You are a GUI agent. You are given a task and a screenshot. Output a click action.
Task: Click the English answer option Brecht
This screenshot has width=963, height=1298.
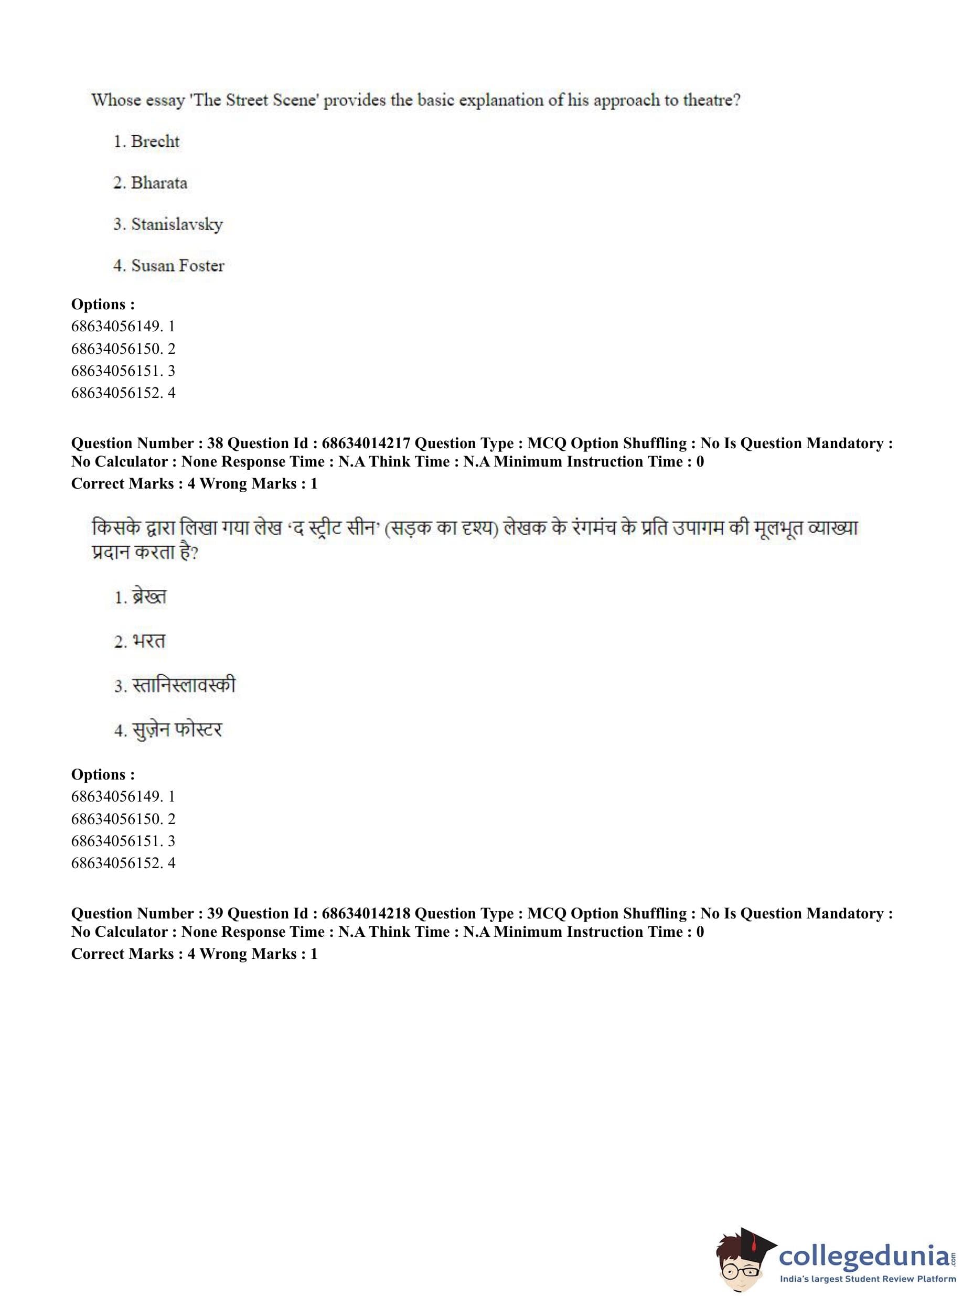tap(155, 142)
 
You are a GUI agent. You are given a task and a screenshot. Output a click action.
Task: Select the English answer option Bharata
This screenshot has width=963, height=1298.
tap(158, 183)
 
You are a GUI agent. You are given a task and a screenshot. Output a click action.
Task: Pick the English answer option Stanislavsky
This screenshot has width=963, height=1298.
tap(176, 224)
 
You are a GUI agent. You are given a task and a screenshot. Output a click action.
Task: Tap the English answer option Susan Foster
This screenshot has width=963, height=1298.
tap(177, 266)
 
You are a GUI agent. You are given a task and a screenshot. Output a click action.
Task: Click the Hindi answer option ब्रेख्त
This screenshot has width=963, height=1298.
tap(149, 597)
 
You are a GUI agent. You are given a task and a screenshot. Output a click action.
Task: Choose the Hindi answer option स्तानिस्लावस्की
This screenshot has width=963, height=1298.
tap(184, 685)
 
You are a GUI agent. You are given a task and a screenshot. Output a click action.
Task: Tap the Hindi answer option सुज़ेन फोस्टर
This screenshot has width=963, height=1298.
tap(177, 729)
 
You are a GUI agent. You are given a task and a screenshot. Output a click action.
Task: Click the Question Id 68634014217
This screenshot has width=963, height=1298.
tap(366, 444)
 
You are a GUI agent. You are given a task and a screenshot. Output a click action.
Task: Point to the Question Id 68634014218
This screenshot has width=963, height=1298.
tap(366, 914)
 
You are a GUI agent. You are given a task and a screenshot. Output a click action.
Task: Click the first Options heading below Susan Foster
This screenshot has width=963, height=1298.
tap(103, 304)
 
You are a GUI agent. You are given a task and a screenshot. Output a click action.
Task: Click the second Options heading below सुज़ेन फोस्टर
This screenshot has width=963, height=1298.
tap(103, 774)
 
